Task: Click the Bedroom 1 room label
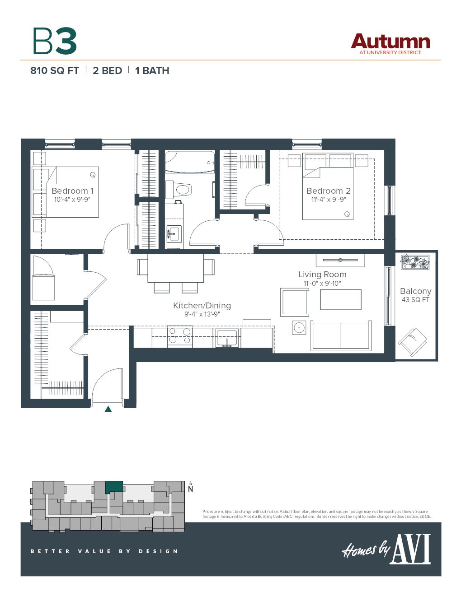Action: [72, 191]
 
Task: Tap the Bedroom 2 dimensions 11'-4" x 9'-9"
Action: [329, 200]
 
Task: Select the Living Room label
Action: [322, 275]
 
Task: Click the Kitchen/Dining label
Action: [202, 306]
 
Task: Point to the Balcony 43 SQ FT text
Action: [415, 295]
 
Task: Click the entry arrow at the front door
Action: [108, 409]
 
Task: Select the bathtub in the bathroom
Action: [189, 162]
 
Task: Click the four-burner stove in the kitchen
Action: [180, 337]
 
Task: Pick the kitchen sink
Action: [226, 337]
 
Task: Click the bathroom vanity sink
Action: [174, 234]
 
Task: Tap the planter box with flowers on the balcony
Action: [415, 262]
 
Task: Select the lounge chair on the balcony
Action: [412, 342]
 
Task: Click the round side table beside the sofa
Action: [299, 327]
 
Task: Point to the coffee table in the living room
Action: [340, 299]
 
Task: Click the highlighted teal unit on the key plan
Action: [114, 487]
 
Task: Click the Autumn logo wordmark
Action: [390, 42]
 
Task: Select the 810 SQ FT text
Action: [55, 71]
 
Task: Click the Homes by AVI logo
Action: [386, 549]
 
